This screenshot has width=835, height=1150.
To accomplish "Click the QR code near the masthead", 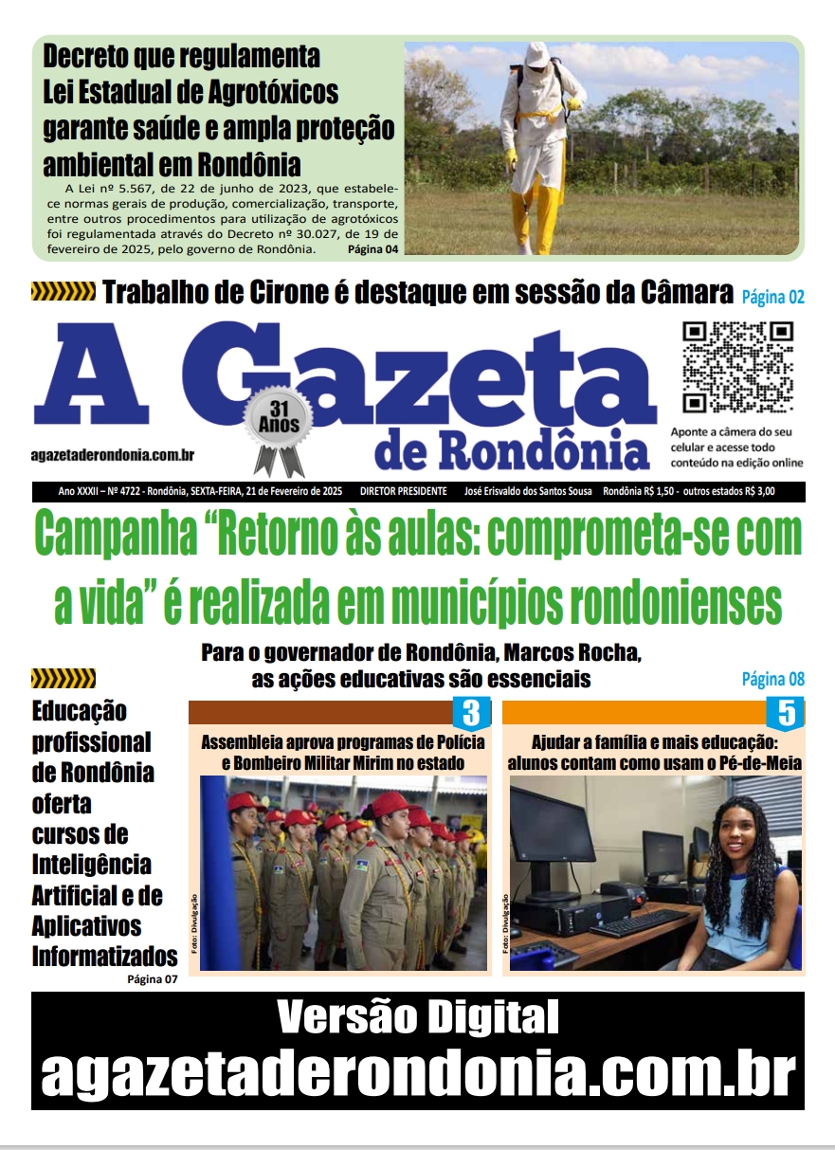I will point(738,366).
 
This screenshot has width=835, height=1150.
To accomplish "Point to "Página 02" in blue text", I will point(772,297).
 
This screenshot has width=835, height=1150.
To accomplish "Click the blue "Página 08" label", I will point(772,679).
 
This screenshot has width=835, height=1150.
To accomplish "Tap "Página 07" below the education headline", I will point(152,979).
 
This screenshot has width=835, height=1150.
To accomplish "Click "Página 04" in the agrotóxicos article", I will point(372,249).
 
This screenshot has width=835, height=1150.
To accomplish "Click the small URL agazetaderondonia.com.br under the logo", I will point(114,455).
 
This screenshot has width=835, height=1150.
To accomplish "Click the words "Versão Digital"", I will point(417,1018).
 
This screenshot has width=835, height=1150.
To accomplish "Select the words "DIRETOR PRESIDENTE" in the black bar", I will point(403,492).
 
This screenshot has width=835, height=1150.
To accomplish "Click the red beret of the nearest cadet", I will point(390,804).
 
